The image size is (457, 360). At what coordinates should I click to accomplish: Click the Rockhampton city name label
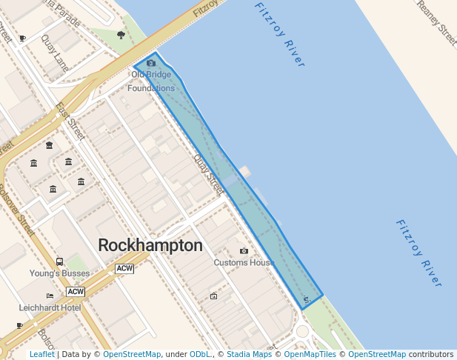pos(150,245)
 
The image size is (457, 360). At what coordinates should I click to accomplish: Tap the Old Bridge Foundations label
pos(151,81)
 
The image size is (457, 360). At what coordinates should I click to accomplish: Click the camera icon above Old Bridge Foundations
pos(151,64)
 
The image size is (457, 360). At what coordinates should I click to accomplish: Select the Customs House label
pos(244,262)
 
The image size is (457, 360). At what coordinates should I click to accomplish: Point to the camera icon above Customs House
pos(244,251)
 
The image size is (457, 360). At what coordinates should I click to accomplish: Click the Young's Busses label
pos(59,273)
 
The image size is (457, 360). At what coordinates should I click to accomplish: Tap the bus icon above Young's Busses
pos(59,261)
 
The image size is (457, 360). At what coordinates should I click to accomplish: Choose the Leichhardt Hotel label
pos(50,307)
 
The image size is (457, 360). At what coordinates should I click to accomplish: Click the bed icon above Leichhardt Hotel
pos(50,296)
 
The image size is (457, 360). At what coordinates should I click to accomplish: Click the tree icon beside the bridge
pos(121,34)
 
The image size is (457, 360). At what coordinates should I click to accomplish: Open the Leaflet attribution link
pos(41,355)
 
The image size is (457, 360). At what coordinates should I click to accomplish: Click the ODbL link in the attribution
pos(199,355)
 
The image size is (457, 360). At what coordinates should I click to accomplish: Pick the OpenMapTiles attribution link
pos(307,355)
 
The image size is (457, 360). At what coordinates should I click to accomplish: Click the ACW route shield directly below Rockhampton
pos(124,269)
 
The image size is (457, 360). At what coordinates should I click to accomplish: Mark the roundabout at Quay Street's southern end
pos(301,331)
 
